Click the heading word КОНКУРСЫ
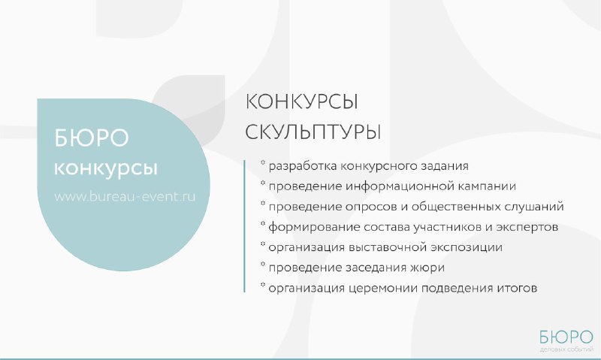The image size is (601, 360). pos(301,102)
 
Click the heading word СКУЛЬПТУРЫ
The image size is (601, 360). pos(313,132)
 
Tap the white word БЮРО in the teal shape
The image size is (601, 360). pos(91,138)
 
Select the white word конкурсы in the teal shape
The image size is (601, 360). pos(106,168)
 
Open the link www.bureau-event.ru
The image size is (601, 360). pos(125,196)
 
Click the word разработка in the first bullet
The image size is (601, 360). pos(303,166)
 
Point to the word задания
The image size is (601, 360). pos(445,166)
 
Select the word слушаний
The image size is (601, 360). pos(534,207)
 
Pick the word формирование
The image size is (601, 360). pos(314,227)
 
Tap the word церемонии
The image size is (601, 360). pos(383,289)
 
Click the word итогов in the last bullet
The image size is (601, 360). pos(517,288)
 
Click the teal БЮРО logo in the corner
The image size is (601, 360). pos(566,337)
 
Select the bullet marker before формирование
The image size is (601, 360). pos(263,223)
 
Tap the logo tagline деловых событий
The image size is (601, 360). pos(566,349)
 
